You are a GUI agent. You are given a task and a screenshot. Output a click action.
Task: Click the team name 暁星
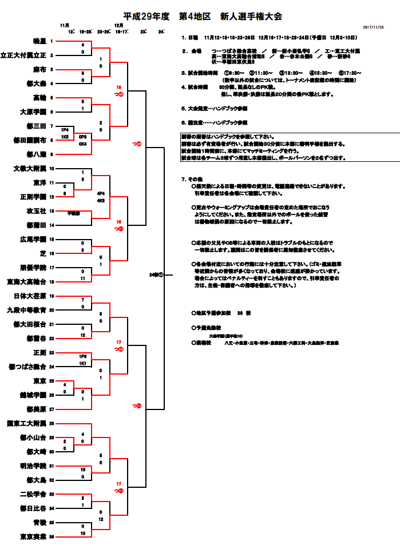coord(39,41)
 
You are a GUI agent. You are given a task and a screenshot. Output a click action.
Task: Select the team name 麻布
coord(39,69)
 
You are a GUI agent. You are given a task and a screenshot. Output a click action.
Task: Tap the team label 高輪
coord(39,98)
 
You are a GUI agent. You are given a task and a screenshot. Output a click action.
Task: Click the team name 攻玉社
coord(35,211)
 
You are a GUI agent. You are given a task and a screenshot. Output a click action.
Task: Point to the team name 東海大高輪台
coord(26,281)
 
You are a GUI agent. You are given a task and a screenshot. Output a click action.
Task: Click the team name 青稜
coord(39,523)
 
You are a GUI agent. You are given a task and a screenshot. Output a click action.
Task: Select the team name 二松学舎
coord(33,494)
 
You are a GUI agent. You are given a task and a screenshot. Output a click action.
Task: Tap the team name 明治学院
coord(33,466)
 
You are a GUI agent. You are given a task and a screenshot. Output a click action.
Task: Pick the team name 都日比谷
coord(33,508)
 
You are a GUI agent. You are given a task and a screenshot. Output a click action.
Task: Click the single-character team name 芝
coord(42,253)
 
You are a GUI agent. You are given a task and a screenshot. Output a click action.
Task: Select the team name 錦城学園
coord(33,395)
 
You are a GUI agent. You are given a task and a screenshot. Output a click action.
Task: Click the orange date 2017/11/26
coord(373,27)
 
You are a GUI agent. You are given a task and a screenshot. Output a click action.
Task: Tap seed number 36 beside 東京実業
coord(52,537)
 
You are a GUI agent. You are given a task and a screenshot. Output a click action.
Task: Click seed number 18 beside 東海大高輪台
coord(52,281)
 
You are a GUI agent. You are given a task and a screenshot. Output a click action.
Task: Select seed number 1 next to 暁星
coord(52,41)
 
